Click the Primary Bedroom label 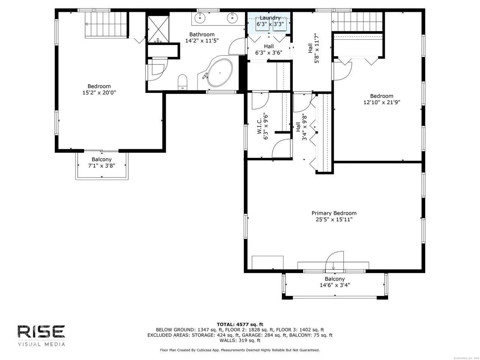334,213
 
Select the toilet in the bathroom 183,82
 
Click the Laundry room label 270,18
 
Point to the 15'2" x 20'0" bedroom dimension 99,93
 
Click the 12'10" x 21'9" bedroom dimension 382,102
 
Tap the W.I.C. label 259,126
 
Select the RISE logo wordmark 41,331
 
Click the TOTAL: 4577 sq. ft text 240,324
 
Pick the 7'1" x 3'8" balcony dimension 102,166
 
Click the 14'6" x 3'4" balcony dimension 335,285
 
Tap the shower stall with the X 158,29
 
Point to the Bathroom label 202,34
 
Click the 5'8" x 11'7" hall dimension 316,48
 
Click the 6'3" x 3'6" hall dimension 269,52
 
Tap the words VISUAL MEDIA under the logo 41,345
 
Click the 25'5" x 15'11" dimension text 334,219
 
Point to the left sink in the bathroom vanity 200,18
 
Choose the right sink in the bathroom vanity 232,18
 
